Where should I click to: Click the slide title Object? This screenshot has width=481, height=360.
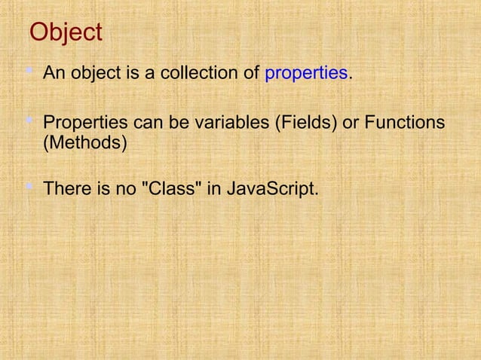click(65, 33)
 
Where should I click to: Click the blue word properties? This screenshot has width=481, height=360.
click(306, 74)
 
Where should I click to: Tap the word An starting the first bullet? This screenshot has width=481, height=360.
click(54, 74)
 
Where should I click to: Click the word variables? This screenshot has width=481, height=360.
click(233, 123)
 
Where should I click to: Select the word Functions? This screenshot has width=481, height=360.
click(403, 123)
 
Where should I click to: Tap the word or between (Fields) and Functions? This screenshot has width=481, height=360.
click(350, 123)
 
